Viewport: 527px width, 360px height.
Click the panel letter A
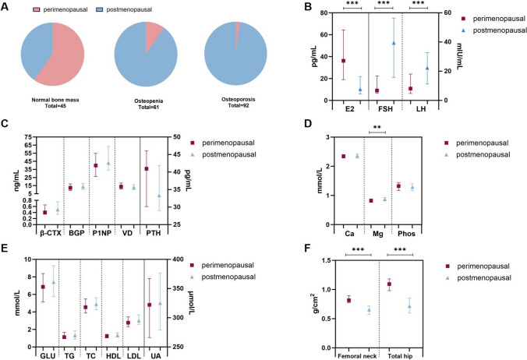[x=6, y=7]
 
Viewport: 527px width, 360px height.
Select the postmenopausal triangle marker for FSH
[x=394, y=43]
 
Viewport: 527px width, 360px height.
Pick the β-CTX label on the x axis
[x=51, y=234]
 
